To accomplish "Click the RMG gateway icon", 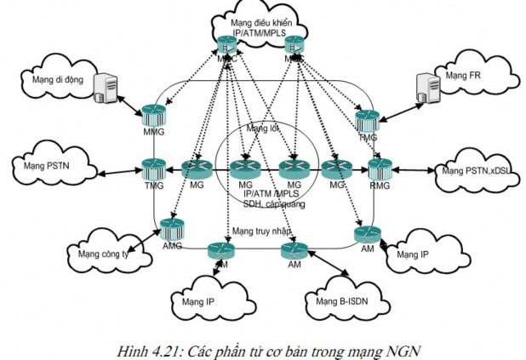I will [378, 168].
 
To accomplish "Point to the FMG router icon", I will [367, 118].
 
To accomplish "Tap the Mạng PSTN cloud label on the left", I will [47, 163].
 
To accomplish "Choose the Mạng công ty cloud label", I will [96, 252].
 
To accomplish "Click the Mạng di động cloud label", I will [50, 80].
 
